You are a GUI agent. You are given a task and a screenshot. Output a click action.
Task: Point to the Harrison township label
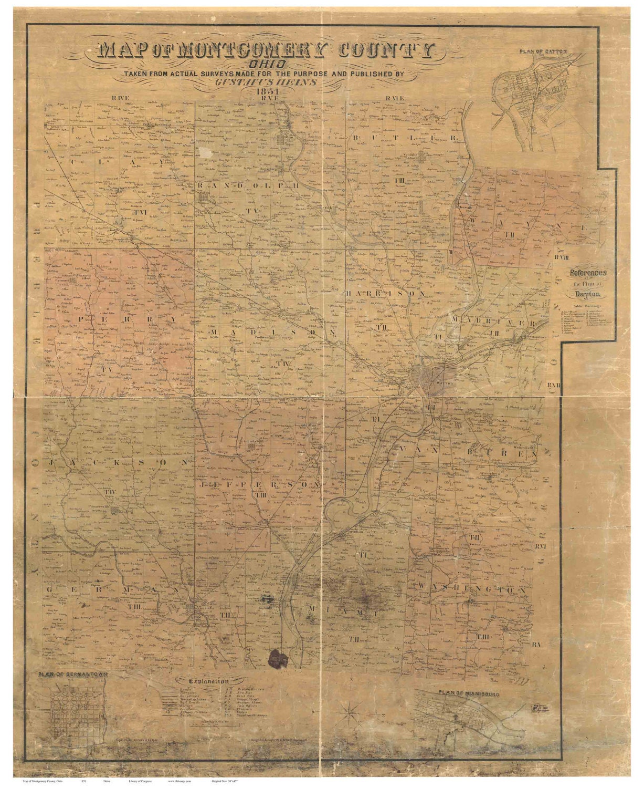(x=386, y=293)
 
